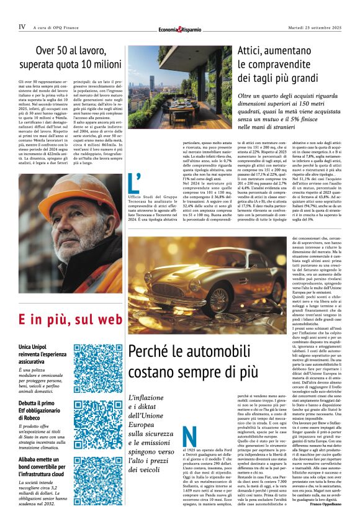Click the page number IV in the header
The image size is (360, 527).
tap(22, 27)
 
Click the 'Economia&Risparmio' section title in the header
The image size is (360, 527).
tap(179, 28)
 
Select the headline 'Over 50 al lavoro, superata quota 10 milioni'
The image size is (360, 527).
tap(70, 56)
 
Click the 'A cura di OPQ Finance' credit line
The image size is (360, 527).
tap(59, 27)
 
